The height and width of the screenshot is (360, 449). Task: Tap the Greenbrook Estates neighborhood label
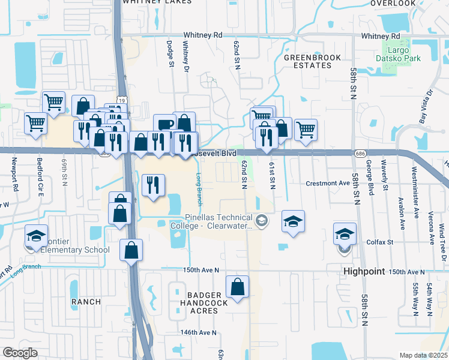312,61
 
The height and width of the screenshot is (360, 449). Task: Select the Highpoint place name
364,271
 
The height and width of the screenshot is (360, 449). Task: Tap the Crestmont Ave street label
327,183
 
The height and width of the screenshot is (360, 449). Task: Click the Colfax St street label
379,242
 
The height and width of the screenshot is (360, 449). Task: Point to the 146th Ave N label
198,332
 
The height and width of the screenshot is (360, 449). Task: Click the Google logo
20,352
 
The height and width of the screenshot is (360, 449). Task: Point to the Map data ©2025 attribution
423,355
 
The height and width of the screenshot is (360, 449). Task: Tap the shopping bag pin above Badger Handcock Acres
238,288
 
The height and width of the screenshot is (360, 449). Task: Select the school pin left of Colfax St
345,235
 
